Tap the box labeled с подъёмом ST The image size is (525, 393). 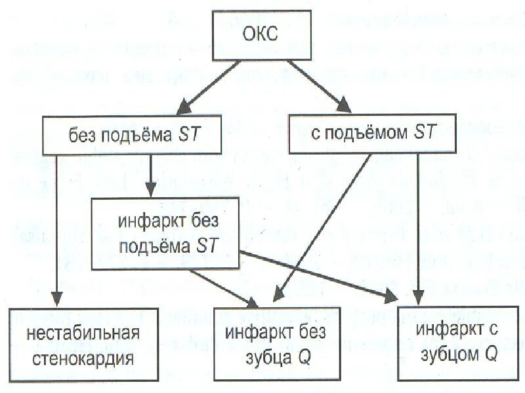[372, 134]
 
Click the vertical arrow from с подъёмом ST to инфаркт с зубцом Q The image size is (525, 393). [419, 229]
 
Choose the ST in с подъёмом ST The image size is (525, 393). [425, 133]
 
